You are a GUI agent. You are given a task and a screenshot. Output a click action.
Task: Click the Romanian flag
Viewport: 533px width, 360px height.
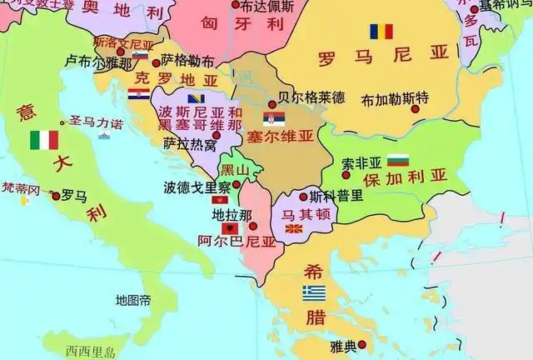[x=381, y=32]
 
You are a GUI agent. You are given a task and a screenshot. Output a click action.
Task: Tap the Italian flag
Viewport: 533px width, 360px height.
[x=42, y=139]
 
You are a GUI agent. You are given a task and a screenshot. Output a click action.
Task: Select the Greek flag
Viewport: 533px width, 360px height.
[x=314, y=292]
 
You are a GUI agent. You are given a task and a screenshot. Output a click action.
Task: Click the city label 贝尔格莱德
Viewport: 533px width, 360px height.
[x=311, y=97]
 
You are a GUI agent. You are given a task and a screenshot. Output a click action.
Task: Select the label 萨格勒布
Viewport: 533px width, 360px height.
[x=188, y=61]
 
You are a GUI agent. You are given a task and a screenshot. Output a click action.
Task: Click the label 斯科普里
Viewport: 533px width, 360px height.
[x=336, y=197]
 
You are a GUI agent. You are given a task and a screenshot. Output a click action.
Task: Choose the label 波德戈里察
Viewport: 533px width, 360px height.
[x=197, y=187]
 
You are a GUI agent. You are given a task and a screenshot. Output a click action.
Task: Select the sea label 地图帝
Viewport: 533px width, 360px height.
[x=133, y=300]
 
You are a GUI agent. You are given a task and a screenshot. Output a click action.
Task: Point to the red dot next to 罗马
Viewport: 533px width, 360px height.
[x=56, y=197]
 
